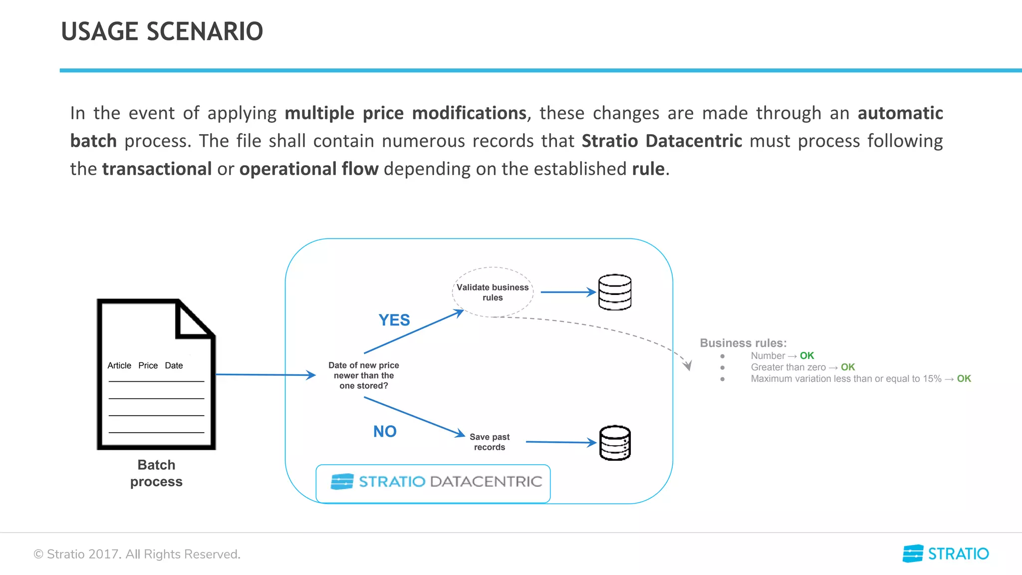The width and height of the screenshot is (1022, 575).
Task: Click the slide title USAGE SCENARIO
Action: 162,31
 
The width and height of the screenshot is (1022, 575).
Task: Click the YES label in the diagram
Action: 394,320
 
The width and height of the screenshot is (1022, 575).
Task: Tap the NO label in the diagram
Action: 385,431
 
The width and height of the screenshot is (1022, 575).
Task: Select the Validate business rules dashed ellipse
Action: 493,292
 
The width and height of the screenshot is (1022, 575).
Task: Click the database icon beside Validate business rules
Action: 615,292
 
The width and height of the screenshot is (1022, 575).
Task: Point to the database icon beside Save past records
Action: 615,443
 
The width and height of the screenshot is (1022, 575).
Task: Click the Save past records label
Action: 489,442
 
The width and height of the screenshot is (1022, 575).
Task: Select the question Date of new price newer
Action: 363,375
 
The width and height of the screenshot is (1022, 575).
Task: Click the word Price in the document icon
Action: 148,365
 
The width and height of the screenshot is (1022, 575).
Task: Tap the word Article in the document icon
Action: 119,365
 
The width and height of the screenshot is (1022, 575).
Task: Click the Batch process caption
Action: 156,473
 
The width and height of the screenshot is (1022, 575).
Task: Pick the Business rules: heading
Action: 743,343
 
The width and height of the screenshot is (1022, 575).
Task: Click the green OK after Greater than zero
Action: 847,367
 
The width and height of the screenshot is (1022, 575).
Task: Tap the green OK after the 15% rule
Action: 964,378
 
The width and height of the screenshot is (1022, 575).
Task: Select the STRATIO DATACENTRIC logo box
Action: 433,483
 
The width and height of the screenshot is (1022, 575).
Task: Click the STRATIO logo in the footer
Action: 946,554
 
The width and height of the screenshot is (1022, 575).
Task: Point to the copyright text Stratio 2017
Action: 137,554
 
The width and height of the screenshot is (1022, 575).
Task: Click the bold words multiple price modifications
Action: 405,113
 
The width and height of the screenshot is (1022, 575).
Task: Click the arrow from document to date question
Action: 264,374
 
